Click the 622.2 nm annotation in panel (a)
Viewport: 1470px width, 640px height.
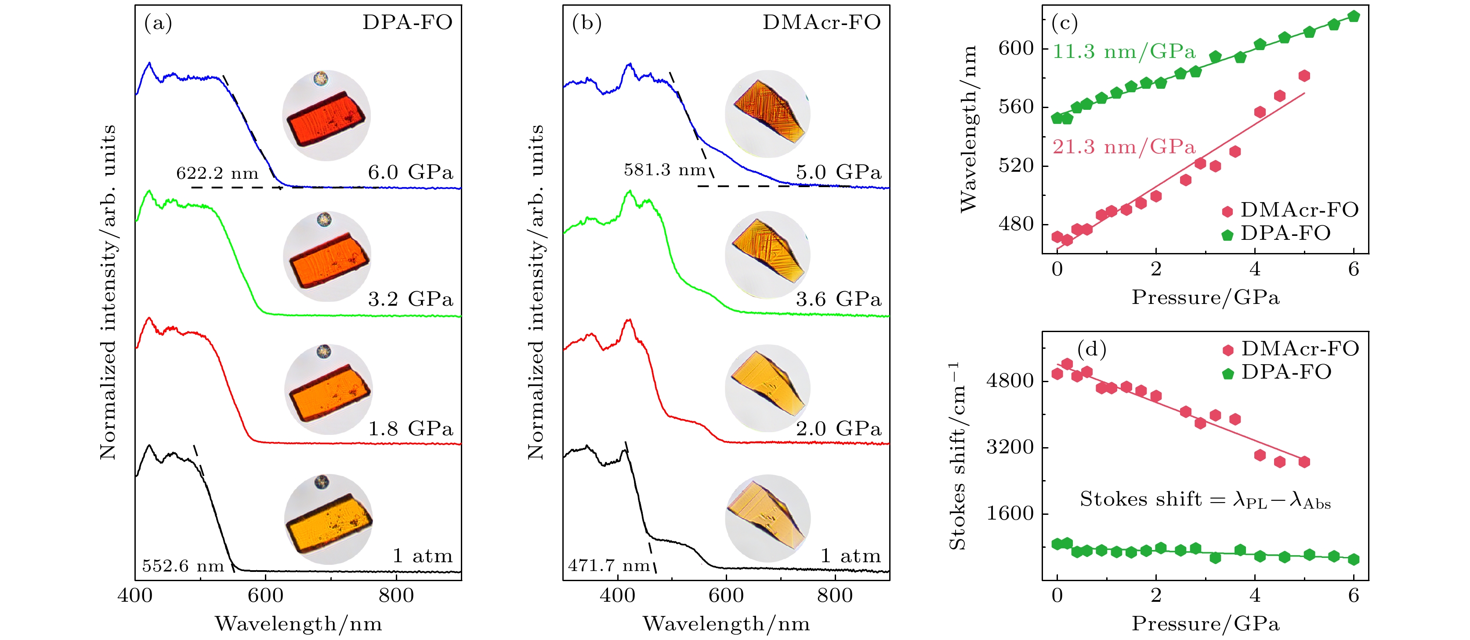(x=217, y=173)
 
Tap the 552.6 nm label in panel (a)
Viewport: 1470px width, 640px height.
(x=183, y=566)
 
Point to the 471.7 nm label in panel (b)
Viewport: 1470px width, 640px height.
(x=609, y=565)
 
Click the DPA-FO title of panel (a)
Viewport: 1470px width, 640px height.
(x=407, y=22)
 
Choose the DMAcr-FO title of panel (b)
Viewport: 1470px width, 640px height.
(x=821, y=22)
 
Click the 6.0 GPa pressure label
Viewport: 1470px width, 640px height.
(x=410, y=172)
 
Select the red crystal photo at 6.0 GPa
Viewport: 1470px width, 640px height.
(x=326, y=117)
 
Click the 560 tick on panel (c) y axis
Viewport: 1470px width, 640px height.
(x=1016, y=107)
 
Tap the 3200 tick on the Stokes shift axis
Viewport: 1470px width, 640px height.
(x=1010, y=447)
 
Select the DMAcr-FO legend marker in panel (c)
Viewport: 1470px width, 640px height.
(x=1227, y=212)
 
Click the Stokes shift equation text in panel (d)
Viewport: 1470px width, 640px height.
(x=1205, y=500)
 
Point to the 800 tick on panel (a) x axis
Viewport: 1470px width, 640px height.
(x=396, y=596)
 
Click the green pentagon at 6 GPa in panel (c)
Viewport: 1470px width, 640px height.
(x=1354, y=17)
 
